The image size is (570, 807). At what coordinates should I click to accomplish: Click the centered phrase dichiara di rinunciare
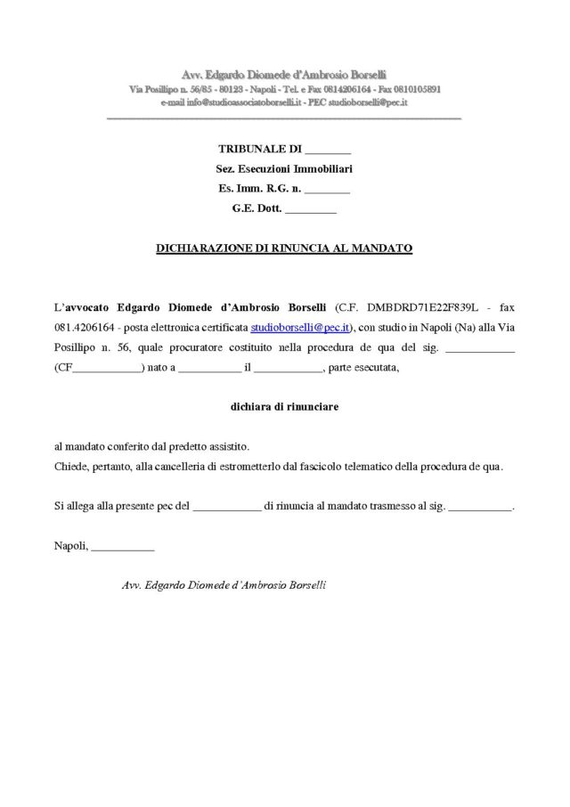pyautogui.click(x=284, y=405)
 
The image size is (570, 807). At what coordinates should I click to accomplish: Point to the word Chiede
pyautogui.click(x=70, y=465)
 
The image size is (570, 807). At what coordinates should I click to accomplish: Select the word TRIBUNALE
pyautogui.click(x=252, y=149)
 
